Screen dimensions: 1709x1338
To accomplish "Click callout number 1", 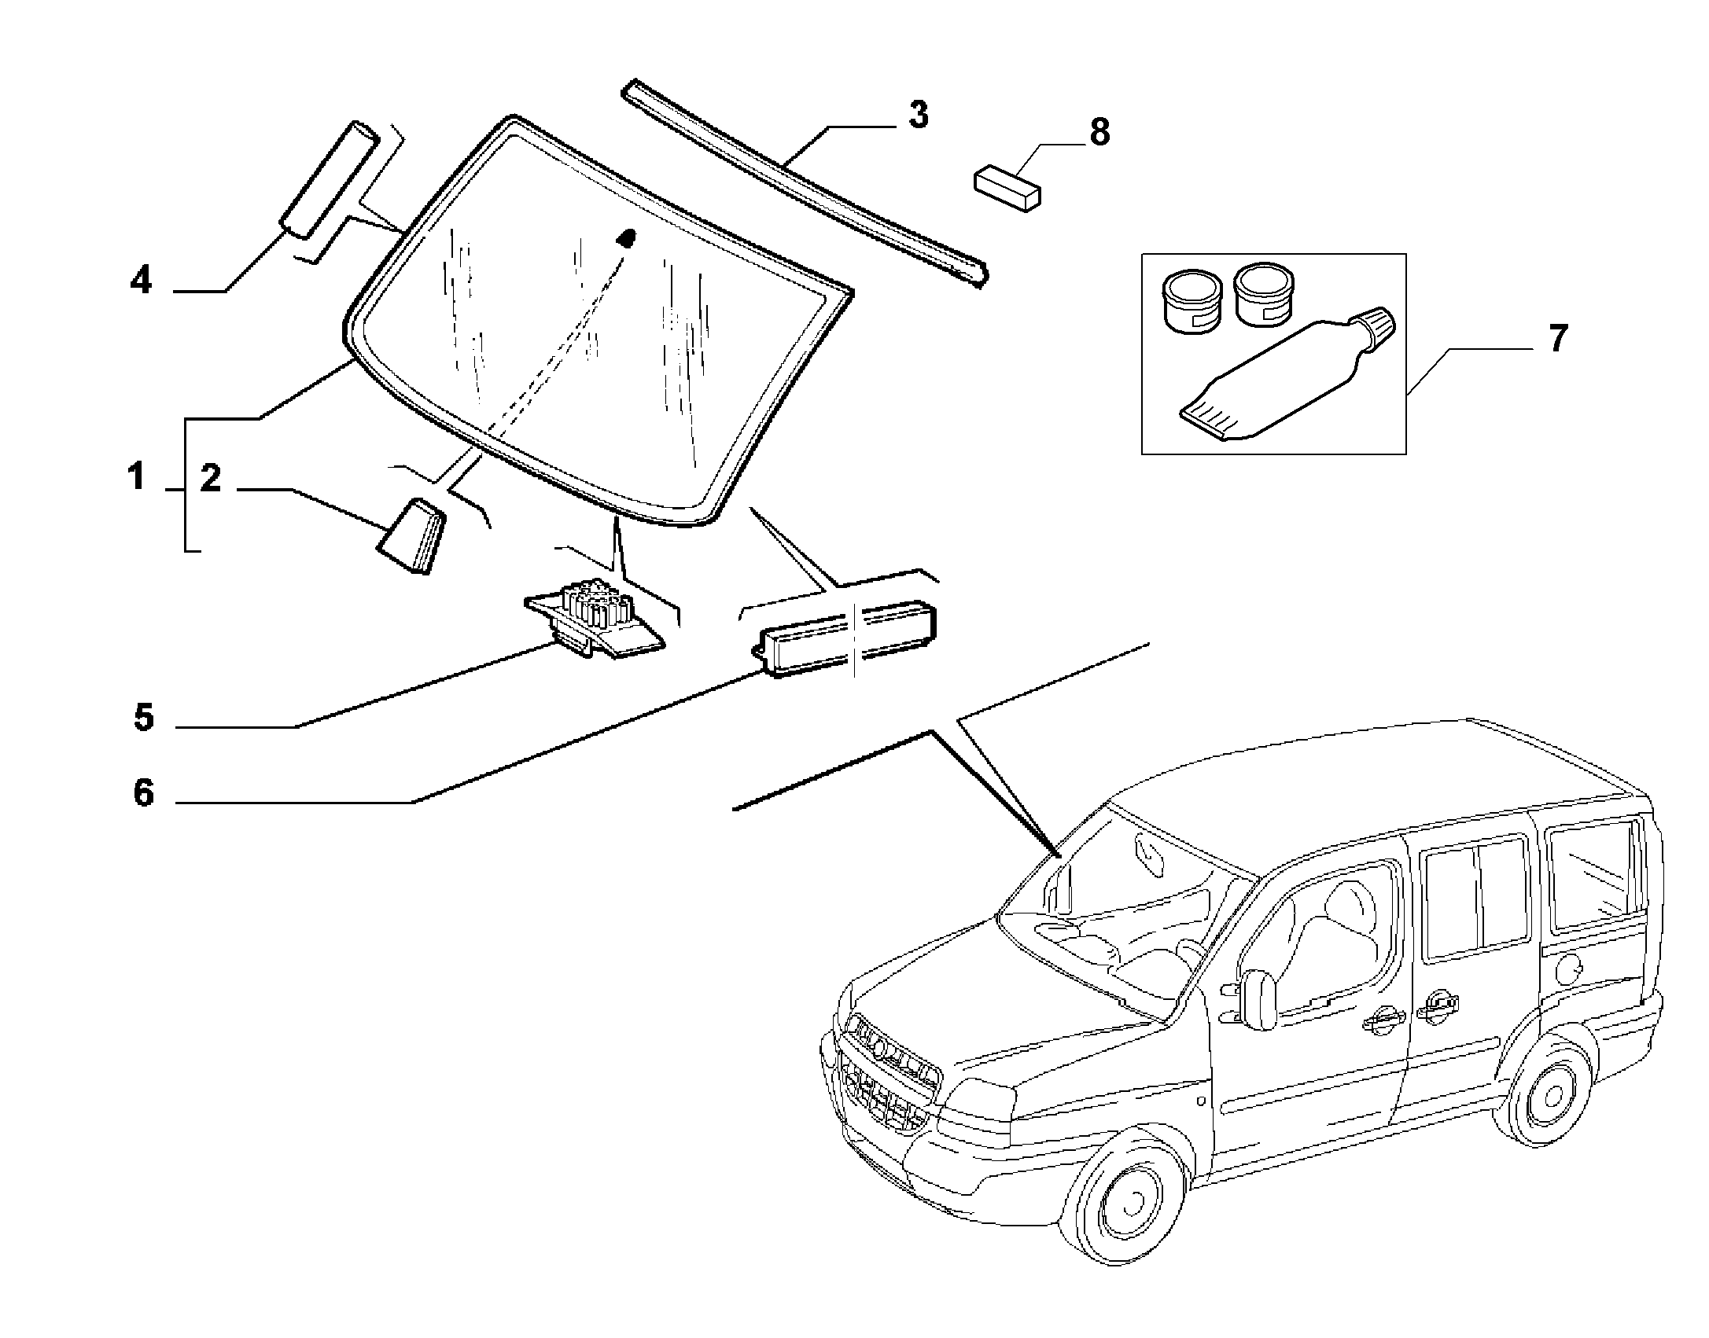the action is (x=137, y=477).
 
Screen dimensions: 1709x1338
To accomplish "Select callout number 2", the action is (x=210, y=478).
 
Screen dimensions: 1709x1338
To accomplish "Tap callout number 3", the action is (x=918, y=115).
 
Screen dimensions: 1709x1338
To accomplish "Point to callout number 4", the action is (x=141, y=280).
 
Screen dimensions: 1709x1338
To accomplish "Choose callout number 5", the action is (x=143, y=717).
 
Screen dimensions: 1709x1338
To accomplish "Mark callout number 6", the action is (x=143, y=793).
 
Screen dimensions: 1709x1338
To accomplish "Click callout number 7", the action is (x=1557, y=338).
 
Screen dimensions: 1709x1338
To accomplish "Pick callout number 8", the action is (x=1099, y=132).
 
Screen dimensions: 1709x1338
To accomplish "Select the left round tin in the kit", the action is (x=1192, y=300).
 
